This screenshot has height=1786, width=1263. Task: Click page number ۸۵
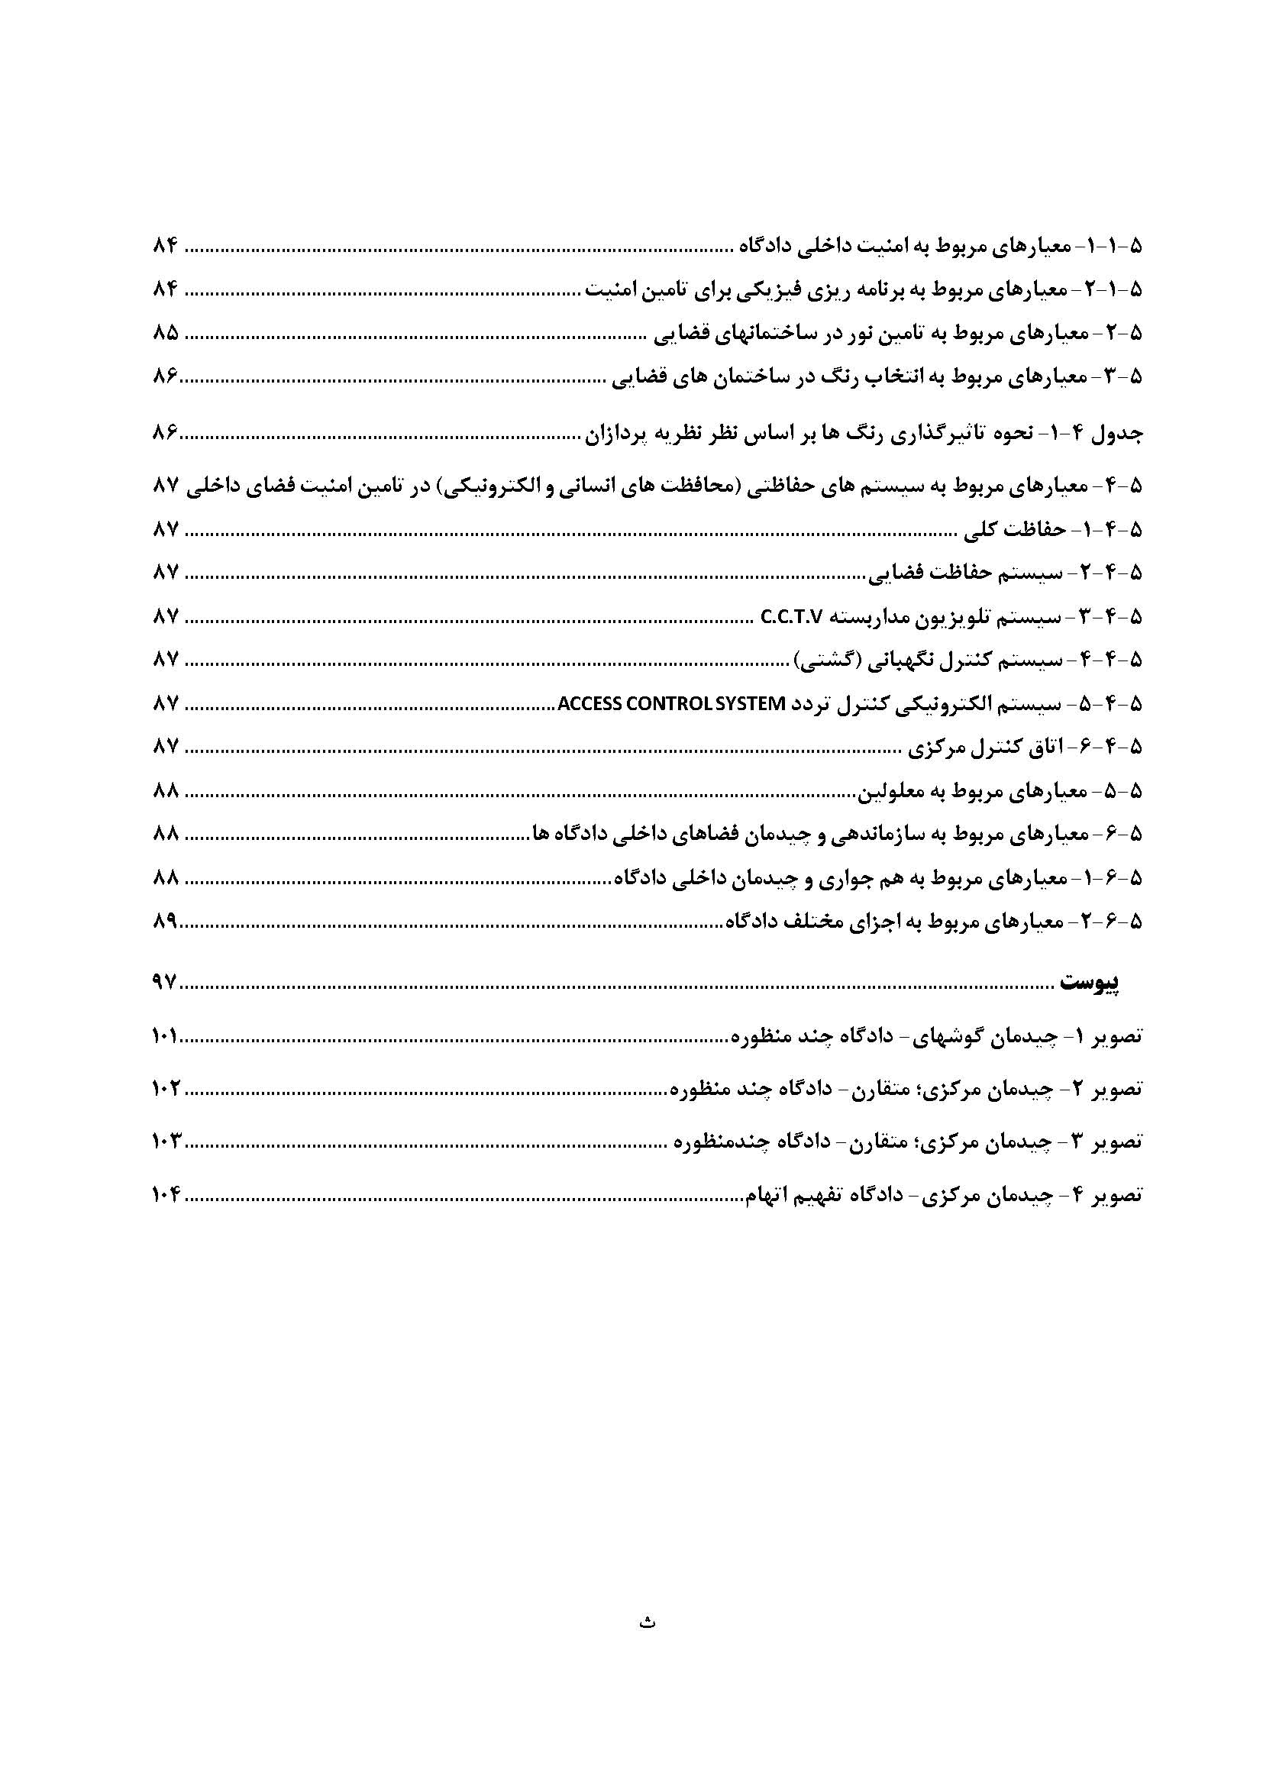[166, 334]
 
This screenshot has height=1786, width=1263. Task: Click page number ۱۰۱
[166, 1037]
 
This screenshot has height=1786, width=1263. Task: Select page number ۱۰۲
[166, 1089]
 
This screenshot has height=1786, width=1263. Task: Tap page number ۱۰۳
[166, 1142]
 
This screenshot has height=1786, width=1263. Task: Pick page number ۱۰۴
[166, 1195]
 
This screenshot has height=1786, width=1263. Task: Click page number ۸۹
[165, 922]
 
